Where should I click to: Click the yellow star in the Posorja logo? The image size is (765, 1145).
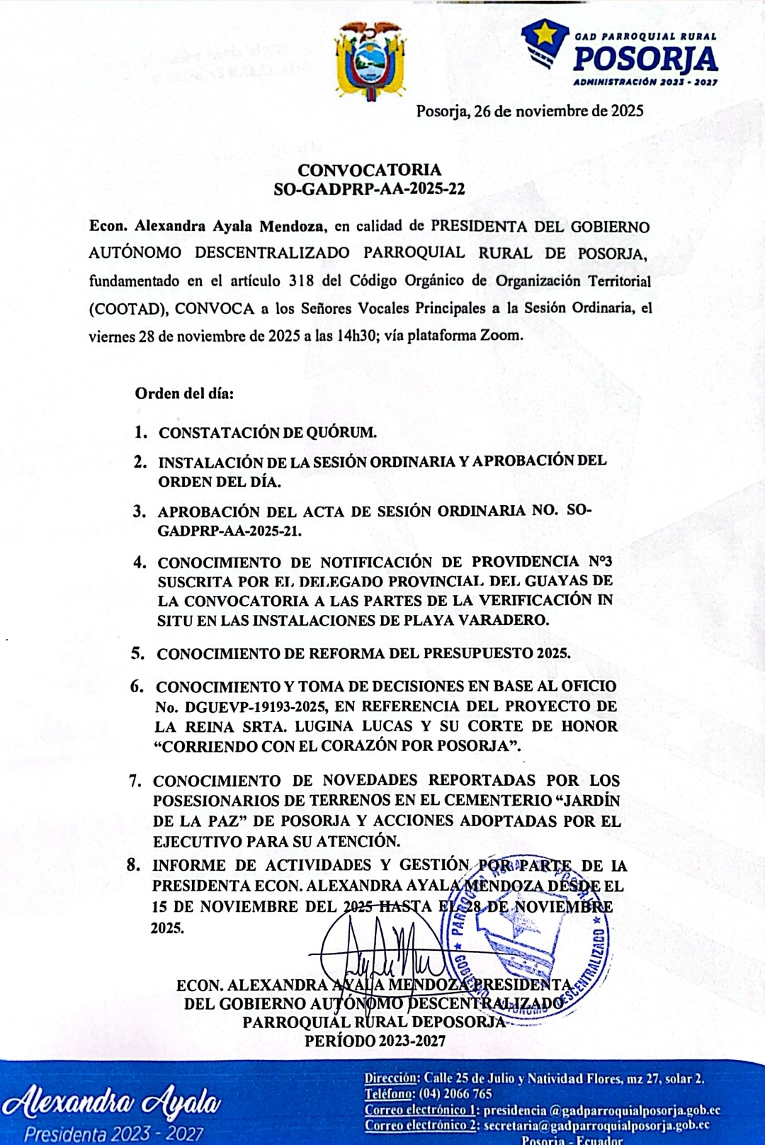pyautogui.click(x=545, y=33)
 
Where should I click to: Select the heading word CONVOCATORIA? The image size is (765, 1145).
pyautogui.click(x=369, y=170)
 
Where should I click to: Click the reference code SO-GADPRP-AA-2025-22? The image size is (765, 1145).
pyautogui.click(x=369, y=189)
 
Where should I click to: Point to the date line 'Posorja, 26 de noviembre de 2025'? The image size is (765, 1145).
pyautogui.click(x=529, y=111)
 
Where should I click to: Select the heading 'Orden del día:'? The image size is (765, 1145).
pyautogui.click(x=184, y=393)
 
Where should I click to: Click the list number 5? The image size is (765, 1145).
pyautogui.click(x=137, y=653)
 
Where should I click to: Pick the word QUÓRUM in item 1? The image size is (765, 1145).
pyautogui.click(x=341, y=432)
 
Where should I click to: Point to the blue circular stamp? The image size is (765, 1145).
pyautogui.click(x=524, y=935)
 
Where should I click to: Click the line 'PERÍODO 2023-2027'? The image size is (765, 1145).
pyautogui.click(x=375, y=1041)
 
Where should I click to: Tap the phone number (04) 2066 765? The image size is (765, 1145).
pyautogui.click(x=455, y=1094)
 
